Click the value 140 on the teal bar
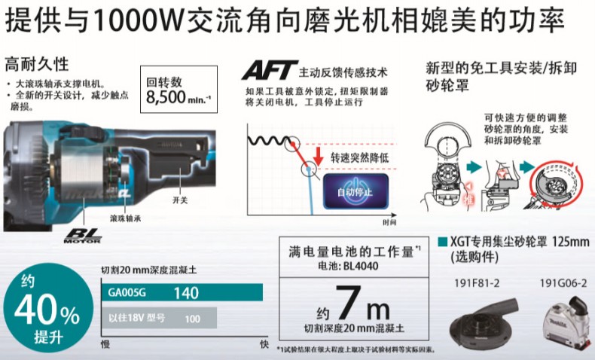coord(186,291)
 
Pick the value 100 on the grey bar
coord(192,319)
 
